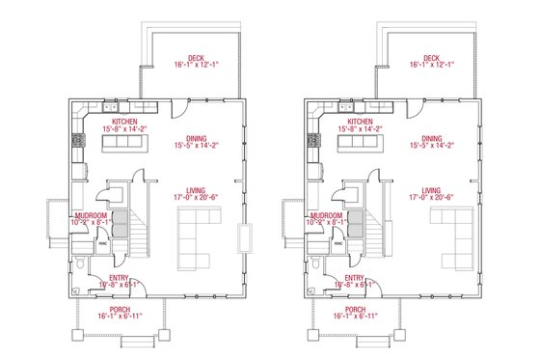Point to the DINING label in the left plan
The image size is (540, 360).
point(190,139)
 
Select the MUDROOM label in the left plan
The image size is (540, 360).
point(89,215)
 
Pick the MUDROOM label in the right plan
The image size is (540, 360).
point(325,215)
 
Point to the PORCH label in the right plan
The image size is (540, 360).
point(356,309)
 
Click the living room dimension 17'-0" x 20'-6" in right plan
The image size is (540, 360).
point(431,198)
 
